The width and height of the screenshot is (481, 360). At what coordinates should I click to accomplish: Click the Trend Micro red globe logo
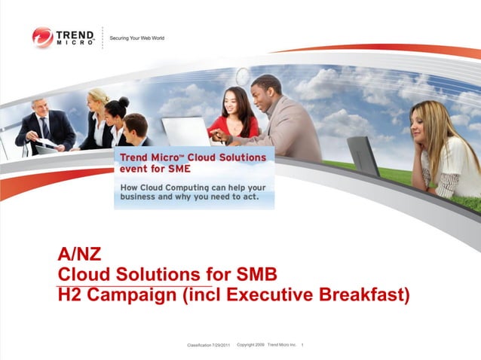pyautogui.click(x=42, y=37)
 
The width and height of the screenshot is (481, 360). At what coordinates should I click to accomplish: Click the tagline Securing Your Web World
pyautogui.click(x=137, y=38)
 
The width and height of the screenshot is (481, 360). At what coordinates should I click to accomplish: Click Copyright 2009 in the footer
pyautogui.click(x=250, y=344)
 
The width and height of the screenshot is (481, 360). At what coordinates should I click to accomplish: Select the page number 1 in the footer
pyautogui.click(x=302, y=344)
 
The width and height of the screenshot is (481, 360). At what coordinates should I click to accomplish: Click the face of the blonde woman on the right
pyautogui.click(x=424, y=120)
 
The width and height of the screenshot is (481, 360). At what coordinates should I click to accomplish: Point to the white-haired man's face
pyautogui.click(x=38, y=109)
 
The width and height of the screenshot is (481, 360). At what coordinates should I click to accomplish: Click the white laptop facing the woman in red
pyautogui.click(x=185, y=131)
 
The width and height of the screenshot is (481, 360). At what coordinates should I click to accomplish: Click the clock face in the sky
pyautogui.click(x=243, y=76)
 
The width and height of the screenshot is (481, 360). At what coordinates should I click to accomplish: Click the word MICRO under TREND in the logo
pyautogui.click(x=75, y=43)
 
